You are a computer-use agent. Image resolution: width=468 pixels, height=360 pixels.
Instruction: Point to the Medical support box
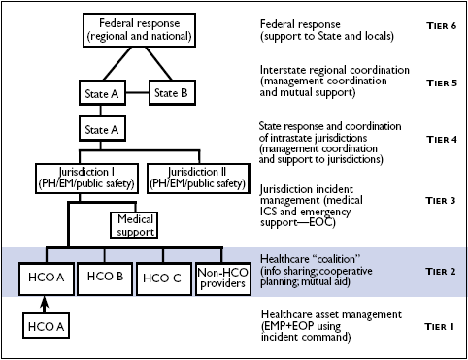(136, 225)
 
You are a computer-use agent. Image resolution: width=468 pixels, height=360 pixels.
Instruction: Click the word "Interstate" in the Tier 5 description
(284, 71)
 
